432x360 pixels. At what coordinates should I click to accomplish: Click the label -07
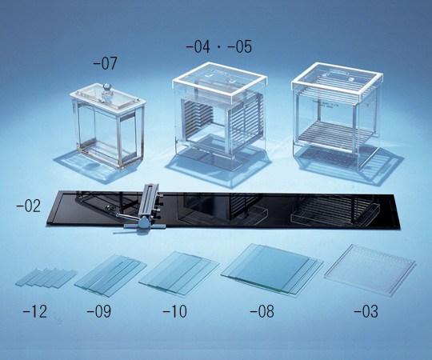(105, 63)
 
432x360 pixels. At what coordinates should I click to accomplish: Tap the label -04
(198, 47)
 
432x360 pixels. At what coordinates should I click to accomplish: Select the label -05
(240, 47)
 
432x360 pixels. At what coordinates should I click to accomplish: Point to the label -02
(29, 206)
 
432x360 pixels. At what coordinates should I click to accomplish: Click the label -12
(35, 311)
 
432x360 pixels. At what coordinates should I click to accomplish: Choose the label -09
(99, 311)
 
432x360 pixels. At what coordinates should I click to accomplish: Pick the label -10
(175, 311)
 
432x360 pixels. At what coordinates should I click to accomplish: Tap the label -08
(262, 311)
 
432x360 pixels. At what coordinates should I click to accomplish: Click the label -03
(366, 311)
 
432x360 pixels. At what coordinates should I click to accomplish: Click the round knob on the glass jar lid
(106, 90)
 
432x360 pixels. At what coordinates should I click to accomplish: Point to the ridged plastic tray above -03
(370, 270)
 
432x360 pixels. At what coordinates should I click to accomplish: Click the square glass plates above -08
(272, 269)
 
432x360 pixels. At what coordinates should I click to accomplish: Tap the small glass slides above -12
(46, 278)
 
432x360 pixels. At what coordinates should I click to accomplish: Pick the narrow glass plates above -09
(110, 275)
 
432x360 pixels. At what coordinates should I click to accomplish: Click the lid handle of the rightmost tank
(338, 75)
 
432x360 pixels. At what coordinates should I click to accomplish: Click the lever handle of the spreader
(127, 217)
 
